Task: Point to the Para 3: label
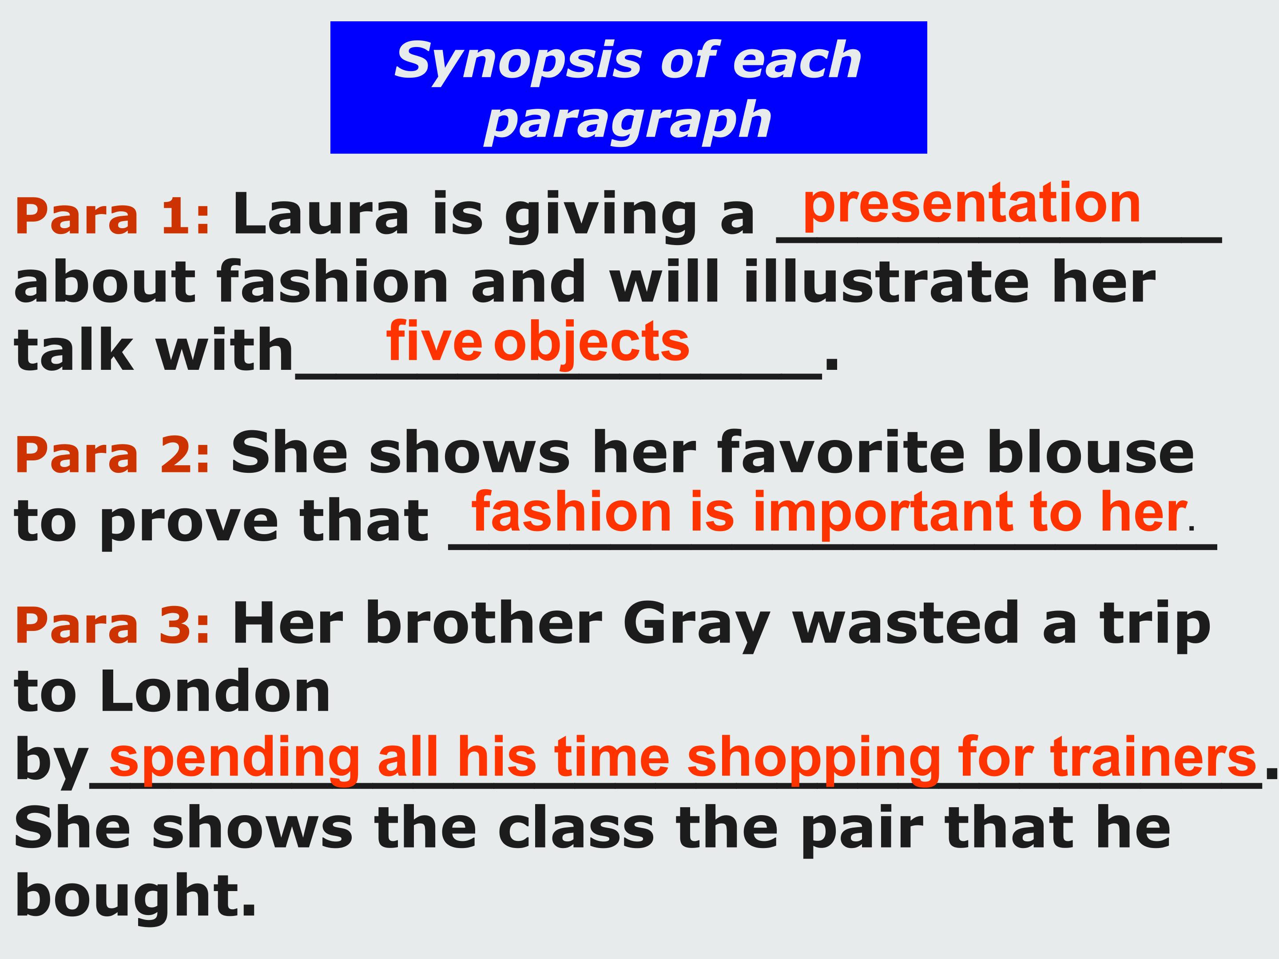click(x=113, y=626)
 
